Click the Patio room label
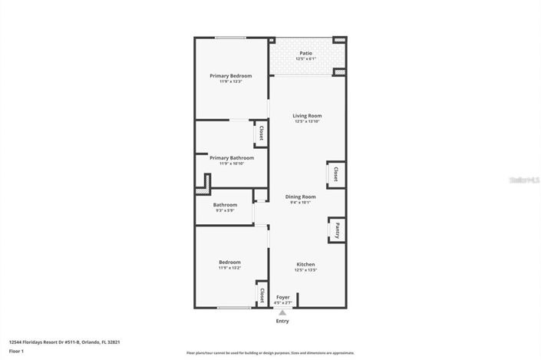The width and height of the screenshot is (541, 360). [305, 53]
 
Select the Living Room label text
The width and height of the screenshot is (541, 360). [306, 116]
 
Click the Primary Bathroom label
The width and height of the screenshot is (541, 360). [231, 157]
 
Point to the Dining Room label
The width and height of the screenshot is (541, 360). [300, 197]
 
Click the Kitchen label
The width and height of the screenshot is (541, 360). [306, 263]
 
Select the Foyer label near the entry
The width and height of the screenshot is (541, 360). [283, 296]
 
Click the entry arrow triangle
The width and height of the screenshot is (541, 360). [282, 312]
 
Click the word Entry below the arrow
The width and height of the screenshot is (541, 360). [282, 321]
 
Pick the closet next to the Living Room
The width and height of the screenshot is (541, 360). [335, 175]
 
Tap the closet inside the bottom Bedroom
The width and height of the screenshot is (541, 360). [262, 295]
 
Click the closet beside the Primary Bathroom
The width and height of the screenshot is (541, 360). [262, 134]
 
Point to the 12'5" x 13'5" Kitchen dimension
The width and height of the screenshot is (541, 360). [306, 270]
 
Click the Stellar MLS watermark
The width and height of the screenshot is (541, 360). [523, 180]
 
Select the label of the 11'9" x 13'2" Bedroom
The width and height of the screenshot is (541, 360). [229, 262]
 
